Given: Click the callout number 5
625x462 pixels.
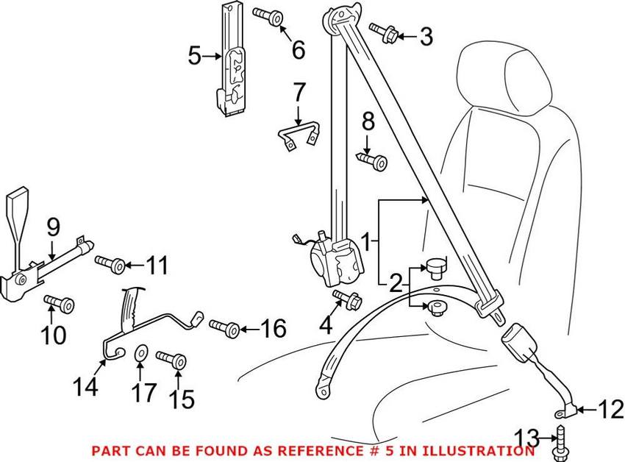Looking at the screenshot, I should (194, 55).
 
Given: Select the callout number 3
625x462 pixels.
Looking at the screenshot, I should (426, 36).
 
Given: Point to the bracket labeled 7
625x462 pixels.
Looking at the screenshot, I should (300, 137).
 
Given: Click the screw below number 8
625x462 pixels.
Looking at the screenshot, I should (373, 160).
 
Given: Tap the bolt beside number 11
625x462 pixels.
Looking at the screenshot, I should (109, 263).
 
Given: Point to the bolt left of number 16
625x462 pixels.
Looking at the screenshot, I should (224, 326).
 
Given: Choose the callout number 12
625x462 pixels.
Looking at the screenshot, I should (610, 409).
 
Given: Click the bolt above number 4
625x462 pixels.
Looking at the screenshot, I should (346, 298).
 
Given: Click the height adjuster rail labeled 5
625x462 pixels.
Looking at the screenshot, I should (232, 63).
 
